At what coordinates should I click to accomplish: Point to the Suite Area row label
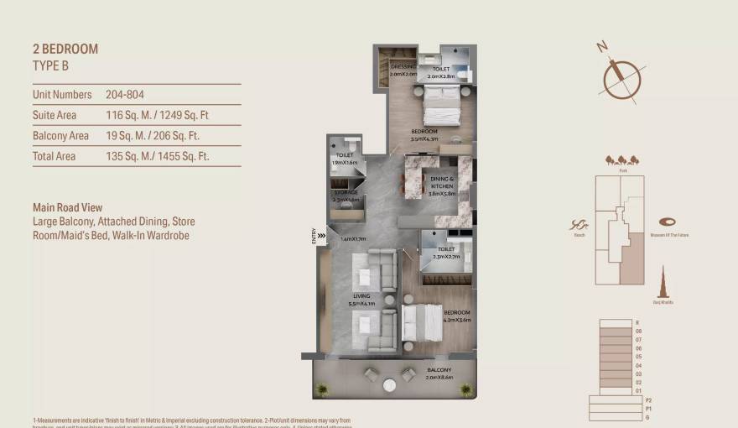pyautogui.click(x=55, y=115)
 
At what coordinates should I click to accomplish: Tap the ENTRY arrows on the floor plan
pyautogui.click(x=320, y=236)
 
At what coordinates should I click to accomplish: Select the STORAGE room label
pyautogui.click(x=346, y=194)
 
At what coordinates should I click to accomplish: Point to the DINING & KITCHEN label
pyautogui.click(x=442, y=183)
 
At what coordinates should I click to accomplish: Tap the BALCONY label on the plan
pyautogui.click(x=439, y=370)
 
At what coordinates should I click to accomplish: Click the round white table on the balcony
pyautogui.click(x=390, y=385)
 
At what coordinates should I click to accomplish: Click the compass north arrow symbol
pyautogui.click(x=621, y=76)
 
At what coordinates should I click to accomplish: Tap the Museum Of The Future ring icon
pyautogui.click(x=668, y=222)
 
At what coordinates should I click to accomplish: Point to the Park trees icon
pyautogui.click(x=622, y=159)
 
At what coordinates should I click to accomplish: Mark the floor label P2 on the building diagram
pyautogui.click(x=647, y=400)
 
